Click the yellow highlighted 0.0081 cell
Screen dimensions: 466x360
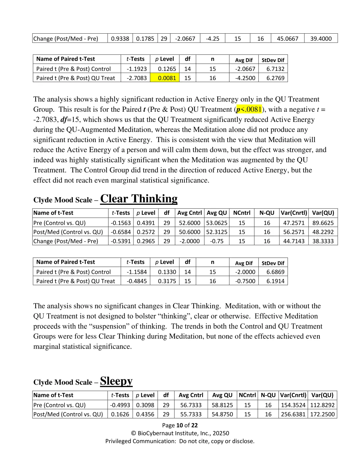(167, 78)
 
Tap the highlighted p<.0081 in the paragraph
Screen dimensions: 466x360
(249, 109)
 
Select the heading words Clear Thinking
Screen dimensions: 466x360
(139, 199)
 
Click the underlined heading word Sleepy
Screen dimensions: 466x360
(116, 381)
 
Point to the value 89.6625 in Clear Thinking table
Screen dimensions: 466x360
(323, 223)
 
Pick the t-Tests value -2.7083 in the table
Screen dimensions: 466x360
(137, 78)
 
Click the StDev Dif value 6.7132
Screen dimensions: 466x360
(275, 69)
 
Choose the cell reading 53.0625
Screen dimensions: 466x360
(217, 223)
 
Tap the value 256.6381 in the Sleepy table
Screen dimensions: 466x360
(293, 414)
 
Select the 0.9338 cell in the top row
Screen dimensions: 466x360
(120, 38)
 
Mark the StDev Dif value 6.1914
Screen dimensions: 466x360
(275, 281)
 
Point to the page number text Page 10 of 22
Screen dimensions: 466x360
(180, 425)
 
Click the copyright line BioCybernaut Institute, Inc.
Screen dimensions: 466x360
(180, 433)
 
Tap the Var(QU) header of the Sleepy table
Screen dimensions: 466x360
(322, 395)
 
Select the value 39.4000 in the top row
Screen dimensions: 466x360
(321, 38)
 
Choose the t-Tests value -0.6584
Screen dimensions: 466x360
(121, 232)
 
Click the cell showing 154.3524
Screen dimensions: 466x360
(293, 405)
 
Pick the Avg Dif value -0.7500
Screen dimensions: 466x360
(245, 281)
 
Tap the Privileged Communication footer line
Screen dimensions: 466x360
(180, 441)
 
